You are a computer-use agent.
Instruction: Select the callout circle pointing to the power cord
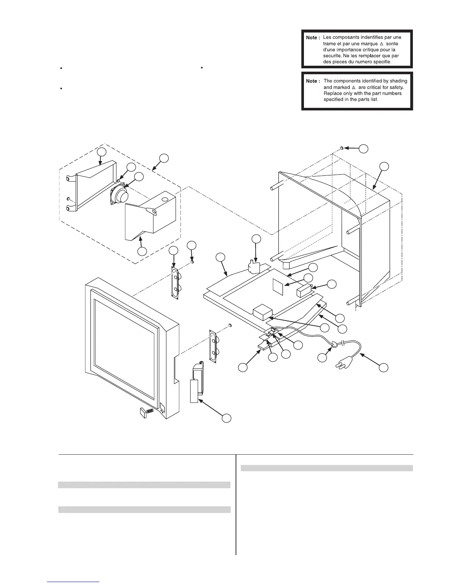[x=384, y=367]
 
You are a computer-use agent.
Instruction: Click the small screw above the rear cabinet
[x=342, y=148]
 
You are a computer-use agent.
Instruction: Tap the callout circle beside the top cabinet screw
[x=364, y=148]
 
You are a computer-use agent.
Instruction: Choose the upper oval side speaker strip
[x=175, y=283]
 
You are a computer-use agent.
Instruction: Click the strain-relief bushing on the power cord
[x=334, y=345]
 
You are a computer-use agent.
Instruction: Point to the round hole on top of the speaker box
[x=164, y=199]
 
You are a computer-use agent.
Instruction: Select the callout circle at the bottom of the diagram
[x=226, y=418]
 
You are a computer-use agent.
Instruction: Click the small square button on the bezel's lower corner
[x=163, y=408]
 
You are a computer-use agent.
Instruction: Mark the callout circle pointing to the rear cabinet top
[x=384, y=166]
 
